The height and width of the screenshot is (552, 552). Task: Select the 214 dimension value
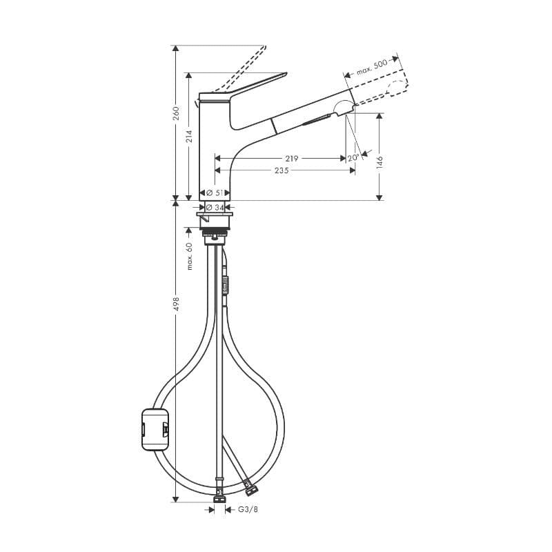coord(190,136)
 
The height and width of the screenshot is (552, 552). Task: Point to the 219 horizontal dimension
coord(291,158)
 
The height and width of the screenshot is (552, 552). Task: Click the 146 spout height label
coord(379,161)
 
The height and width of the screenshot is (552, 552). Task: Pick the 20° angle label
coord(353,157)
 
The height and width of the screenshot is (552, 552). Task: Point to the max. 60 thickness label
coord(189,256)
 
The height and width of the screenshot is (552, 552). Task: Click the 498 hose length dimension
coord(176,304)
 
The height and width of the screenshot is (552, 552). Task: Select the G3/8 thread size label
coord(248,510)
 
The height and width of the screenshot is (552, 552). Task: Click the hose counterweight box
coord(155,429)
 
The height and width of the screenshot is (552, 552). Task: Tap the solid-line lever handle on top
coord(255,84)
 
